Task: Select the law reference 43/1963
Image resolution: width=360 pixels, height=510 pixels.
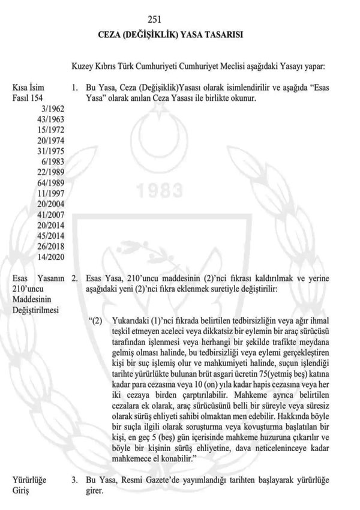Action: [x=49, y=119]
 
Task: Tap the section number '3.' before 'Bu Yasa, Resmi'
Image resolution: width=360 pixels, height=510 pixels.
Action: [x=74, y=479]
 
